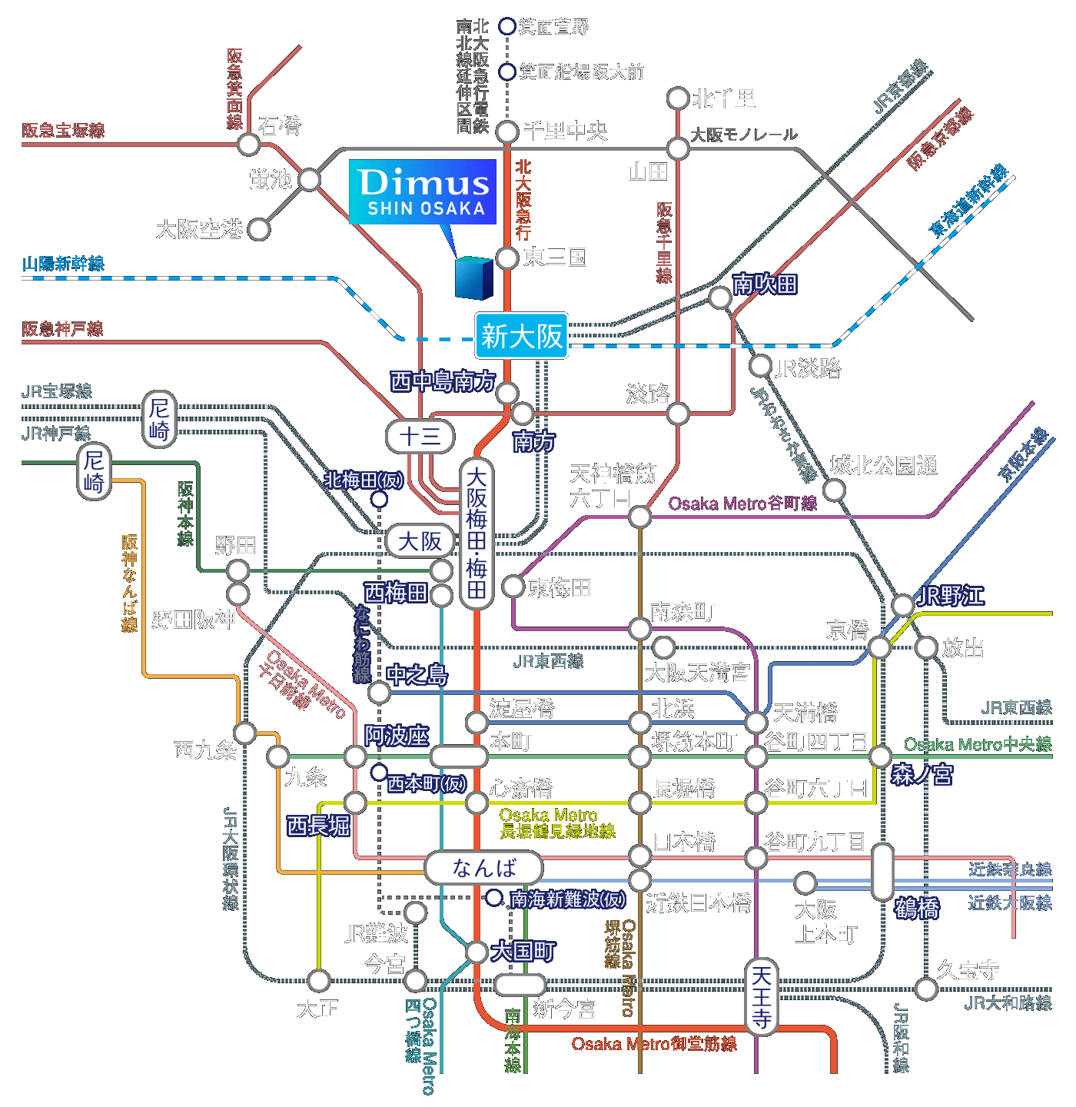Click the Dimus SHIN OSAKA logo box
tap(423, 191)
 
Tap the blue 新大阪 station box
tap(522, 336)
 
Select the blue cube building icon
tap(473, 278)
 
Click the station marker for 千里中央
tap(507, 131)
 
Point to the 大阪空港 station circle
tap(259, 229)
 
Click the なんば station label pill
tap(484, 868)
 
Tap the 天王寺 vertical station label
tap(761, 997)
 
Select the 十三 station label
tap(420, 437)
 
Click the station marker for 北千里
tap(678, 98)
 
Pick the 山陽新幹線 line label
tap(63, 264)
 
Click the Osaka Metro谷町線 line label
tap(742, 504)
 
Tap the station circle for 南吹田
tap(719, 297)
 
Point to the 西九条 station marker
tap(245, 733)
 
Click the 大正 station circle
tap(319, 980)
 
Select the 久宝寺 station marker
tap(926, 989)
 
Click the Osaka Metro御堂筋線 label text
tap(654, 1044)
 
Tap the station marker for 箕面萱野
tap(507, 26)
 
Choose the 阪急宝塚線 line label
tap(63, 130)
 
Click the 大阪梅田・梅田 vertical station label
tap(477, 534)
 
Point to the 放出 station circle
tap(926, 647)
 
